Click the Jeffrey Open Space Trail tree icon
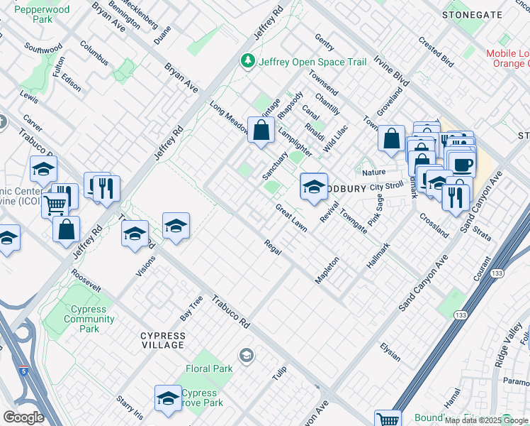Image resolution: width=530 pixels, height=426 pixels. click(248, 62)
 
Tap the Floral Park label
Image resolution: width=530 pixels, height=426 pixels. click(209, 369)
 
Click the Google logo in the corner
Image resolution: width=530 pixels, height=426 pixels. click(23, 417)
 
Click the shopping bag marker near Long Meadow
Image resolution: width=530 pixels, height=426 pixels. click(261, 131)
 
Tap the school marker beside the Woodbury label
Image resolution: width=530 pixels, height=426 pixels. click(314, 187)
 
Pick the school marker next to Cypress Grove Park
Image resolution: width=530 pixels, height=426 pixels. click(168, 398)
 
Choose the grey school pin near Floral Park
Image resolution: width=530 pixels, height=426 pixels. click(247, 356)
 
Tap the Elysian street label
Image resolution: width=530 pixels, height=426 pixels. click(390, 351)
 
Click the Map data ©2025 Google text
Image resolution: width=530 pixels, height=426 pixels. click(485, 420)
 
